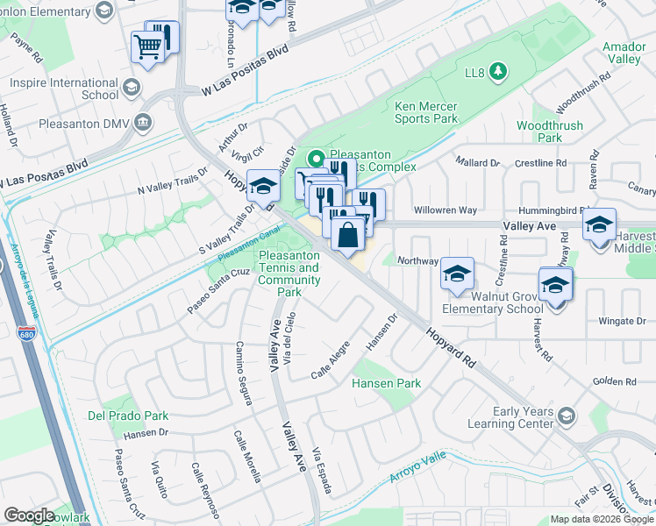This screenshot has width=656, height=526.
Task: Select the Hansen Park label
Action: (x=386, y=383)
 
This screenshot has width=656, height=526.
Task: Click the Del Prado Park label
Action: (x=127, y=416)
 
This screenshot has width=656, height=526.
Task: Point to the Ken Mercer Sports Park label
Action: (x=425, y=112)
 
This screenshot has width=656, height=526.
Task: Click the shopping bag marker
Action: (x=348, y=235)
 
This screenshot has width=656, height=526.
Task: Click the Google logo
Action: (x=29, y=515)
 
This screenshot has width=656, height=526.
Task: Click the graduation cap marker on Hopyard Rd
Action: (x=263, y=185)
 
